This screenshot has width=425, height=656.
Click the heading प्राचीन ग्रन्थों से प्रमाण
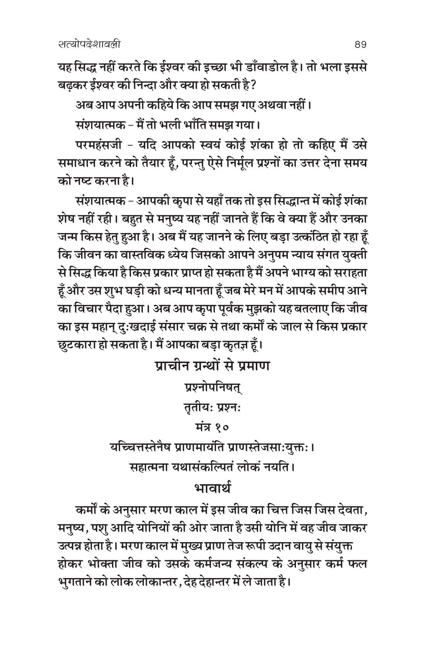(212, 366)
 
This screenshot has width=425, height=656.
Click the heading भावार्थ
(212, 489)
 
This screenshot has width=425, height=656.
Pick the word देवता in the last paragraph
(347, 511)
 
